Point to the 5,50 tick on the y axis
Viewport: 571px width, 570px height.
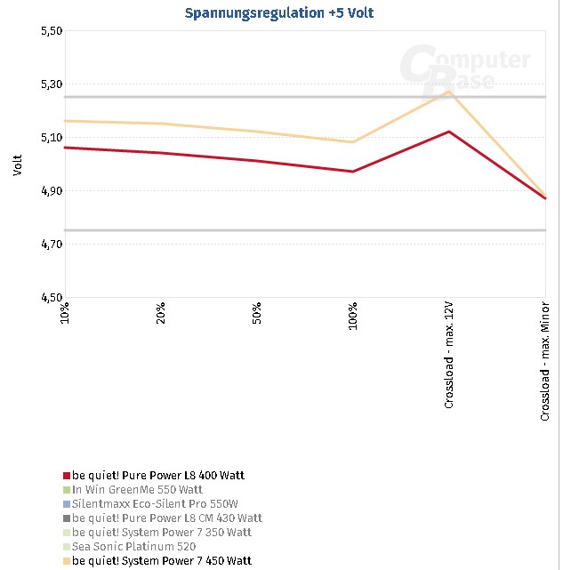click(x=52, y=31)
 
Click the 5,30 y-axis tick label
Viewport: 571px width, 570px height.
click(x=52, y=84)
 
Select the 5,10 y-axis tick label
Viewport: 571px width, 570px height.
click(x=52, y=138)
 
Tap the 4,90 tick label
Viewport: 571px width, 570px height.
click(x=52, y=191)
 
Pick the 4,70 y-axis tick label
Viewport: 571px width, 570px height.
click(x=52, y=245)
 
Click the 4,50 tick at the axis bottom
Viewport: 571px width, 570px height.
click(x=52, y=298)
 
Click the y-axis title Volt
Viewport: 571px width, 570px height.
click(x=17, y=165)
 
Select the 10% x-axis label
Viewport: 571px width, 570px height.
click(x=65, y=314)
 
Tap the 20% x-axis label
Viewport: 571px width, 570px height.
click(x=161, y=314)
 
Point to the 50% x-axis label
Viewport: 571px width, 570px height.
click(x=257, y=314)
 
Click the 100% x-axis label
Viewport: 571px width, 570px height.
click(x=353, y=317)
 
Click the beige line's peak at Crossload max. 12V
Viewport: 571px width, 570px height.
click(x=449, y=91)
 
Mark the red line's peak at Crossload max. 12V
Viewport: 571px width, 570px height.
click(x=449, y=132)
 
